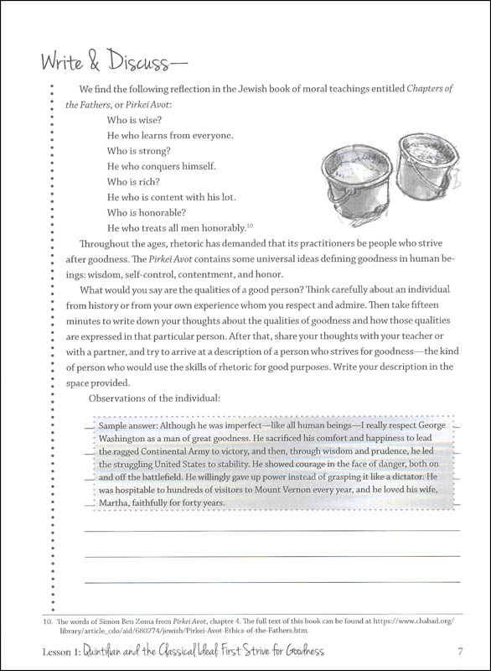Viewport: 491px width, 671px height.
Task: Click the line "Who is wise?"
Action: click(x=139, y=120)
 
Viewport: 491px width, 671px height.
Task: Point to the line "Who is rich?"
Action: click(x=137, y=181)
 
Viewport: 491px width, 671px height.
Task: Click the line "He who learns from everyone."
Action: click(x=170, y=135)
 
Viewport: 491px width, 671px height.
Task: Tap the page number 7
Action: click(x=460, y=651)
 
